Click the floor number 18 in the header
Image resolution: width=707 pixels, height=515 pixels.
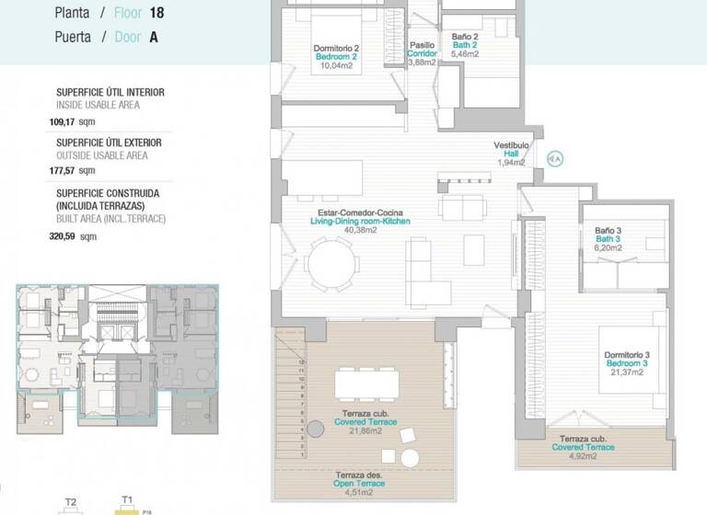click(158, 14)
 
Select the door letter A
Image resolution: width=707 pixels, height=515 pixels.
click(153, 37)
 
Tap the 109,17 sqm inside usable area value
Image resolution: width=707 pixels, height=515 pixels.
click(72, 120)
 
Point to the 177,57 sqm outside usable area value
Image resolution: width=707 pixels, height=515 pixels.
click(72, 170)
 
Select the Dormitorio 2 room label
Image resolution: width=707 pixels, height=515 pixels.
click(336, 48)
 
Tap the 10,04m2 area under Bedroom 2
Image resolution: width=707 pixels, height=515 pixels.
click(336, 65)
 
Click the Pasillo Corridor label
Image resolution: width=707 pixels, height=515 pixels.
click(422, 50)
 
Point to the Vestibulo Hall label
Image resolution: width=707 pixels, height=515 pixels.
click(511, 145)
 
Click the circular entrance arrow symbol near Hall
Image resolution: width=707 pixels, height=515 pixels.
click(555, 158)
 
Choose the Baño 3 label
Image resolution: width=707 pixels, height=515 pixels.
click(608, 231)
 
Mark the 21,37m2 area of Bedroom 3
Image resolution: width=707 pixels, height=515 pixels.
click(627, 372)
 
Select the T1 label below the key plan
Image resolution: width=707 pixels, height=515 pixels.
click(129, 499)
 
